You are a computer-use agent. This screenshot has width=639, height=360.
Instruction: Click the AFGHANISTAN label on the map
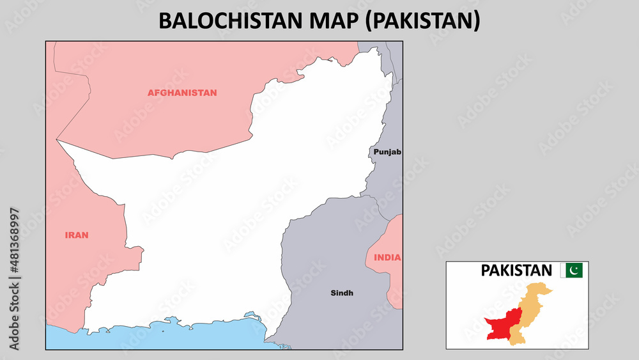click(182, 93)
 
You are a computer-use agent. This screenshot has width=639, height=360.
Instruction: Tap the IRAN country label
click(77, 235)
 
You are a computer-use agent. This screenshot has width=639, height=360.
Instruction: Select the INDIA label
click(388, 258)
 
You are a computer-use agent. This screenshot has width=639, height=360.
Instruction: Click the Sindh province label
click(342, 293)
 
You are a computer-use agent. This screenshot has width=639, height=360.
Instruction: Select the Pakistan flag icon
click(571, 270)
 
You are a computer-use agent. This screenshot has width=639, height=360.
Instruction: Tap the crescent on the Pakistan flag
click(574, 270)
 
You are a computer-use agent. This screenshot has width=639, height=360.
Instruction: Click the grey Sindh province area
click(326, 256)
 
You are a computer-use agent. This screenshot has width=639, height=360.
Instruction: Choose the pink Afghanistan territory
click(160, 121)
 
